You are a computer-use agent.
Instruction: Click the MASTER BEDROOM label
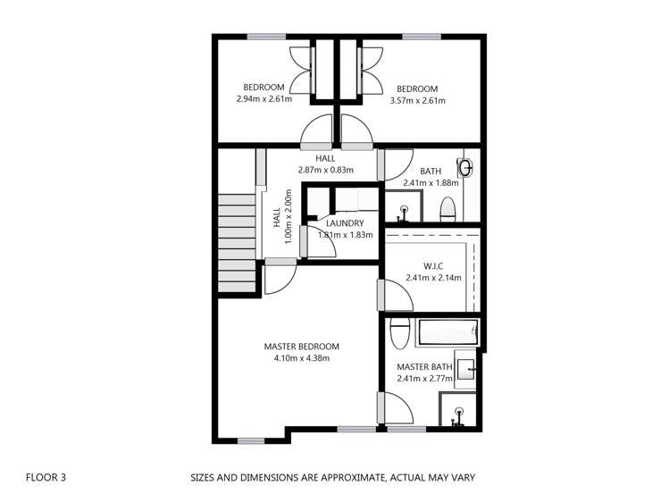coord(301,347)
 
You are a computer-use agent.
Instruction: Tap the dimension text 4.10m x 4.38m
coord(301,359)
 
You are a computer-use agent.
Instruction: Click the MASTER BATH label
coord(425,366)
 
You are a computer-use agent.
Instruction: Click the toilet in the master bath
coord(399,332)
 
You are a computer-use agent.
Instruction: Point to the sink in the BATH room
coord(464,167)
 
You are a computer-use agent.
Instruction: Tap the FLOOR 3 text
coord(45,478)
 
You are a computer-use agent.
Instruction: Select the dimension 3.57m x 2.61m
coord(417,101)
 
